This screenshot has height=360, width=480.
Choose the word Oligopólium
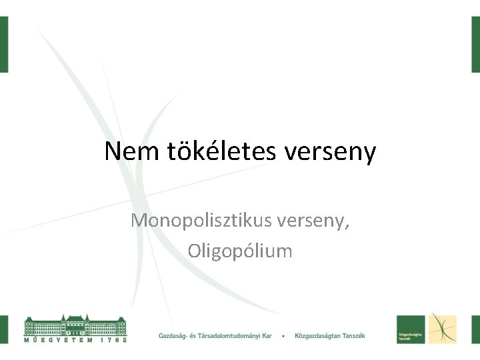(x=240, y=251)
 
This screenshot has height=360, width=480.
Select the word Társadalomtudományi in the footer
(x=233, y=335)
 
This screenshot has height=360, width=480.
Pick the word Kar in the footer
(x=267, y=335)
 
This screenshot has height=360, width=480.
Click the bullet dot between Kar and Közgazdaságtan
(x=284, y=335)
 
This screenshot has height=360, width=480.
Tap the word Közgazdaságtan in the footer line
(x=317, y=335)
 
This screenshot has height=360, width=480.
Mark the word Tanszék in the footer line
(x=353, y=335)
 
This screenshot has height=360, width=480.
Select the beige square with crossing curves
(x=442, y=329)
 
